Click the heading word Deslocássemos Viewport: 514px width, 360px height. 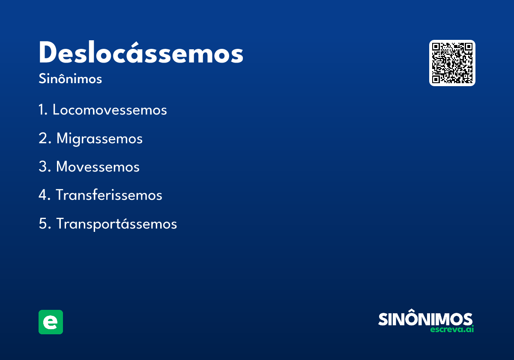tap(141, 54)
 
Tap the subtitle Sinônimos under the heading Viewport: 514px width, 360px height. tap(70, 79)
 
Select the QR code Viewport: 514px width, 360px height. tap(452, 63)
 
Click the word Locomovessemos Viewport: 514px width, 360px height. tap(110, 110)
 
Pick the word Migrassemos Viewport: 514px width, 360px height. tap(99, 139)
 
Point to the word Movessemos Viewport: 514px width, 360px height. tap(98, 167)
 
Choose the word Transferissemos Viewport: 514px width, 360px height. tap(109, 195)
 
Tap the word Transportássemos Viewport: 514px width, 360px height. tap(117, 224)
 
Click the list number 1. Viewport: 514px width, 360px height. tap(42, 110)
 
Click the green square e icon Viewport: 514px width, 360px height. tap(51, 322)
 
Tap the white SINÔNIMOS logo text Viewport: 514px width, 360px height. tap(425, 319)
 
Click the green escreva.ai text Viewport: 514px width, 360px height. tap(452, 330)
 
